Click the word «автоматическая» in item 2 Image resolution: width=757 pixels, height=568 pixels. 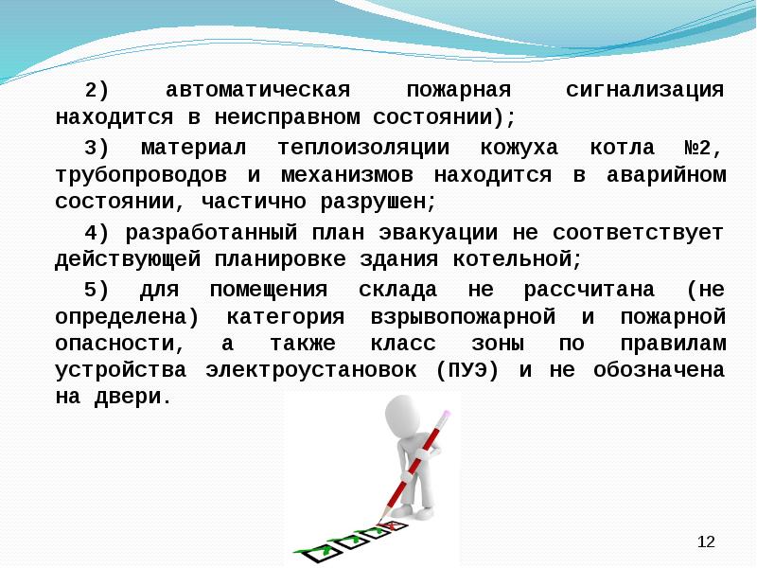258,91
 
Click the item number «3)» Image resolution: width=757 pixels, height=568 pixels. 97,148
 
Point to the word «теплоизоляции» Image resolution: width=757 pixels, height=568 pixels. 364,148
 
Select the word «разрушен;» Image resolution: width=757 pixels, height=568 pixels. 380,203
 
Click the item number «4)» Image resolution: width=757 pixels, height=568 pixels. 97,232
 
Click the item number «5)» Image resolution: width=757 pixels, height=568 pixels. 97,288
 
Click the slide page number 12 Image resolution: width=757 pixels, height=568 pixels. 705,541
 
